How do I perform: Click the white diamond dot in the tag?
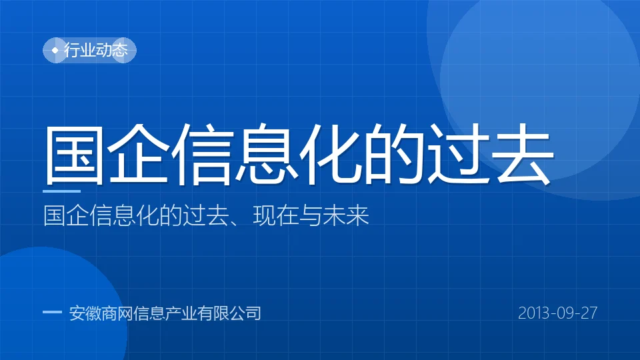[55, 50]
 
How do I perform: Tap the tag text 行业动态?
[96, 50]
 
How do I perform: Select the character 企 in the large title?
[138, 154]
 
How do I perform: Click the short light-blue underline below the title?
[61, 191]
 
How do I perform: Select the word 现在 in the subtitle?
[275, 215]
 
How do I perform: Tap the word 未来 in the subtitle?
[346, 215]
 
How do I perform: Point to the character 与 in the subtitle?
[310, 215]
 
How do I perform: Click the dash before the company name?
[52, 313]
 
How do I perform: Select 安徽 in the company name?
[85, 313]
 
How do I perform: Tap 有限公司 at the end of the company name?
[229, 313]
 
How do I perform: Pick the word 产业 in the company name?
[181, 313]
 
